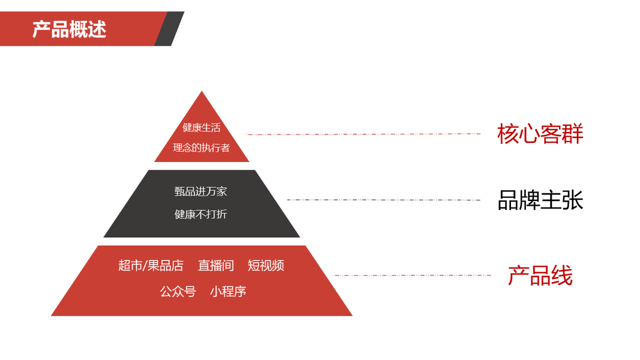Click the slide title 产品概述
[x=69, y=29]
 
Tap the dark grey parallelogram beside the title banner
[x=169, y=29]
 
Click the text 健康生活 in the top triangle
[x=202, y=127]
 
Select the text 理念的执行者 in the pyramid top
[x=202, y=148]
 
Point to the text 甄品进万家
[x=201, y=191]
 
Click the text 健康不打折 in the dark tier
[x=201, y=214]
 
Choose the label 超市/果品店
[x=151, y=265]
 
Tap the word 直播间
[x=216, y=265]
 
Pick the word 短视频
[x=266, y=265]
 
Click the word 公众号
[x=178, y=292]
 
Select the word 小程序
[x=228, y=292]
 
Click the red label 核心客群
[x=540, y=134]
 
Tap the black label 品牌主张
[x=540, y=200]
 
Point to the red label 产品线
[x=540, y=276]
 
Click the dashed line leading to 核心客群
[x=363, y=134]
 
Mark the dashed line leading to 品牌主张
[x=384, y=200]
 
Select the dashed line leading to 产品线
[x=413, y=275]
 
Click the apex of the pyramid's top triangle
[x=202, y=92]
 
